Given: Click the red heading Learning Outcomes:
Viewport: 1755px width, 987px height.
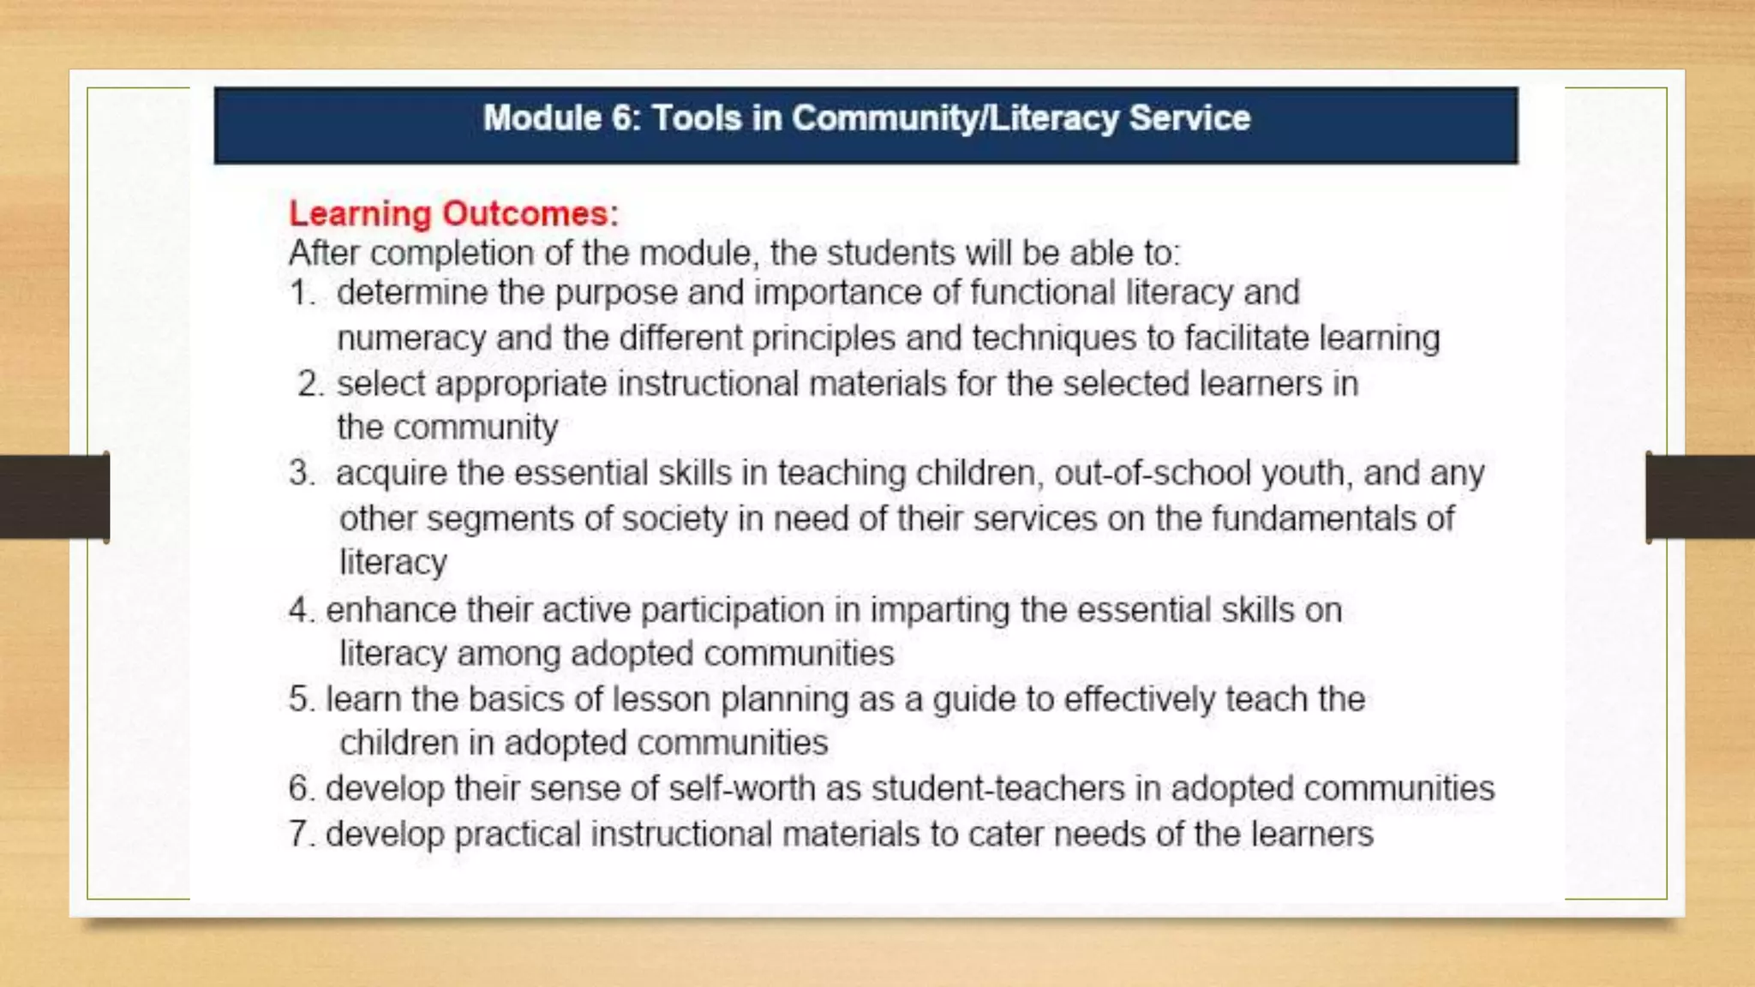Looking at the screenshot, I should click(x=453, y=213).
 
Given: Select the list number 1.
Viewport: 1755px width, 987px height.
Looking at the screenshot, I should click(x=301, y=293).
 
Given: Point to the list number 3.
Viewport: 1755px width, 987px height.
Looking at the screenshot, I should click(x=301, y=473).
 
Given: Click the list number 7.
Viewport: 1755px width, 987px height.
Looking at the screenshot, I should click(x=301, y=834).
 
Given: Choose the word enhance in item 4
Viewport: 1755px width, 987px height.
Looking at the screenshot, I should click(x=391, y=610).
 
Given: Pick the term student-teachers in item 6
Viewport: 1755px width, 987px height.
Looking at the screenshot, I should click(x=997, y=788).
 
